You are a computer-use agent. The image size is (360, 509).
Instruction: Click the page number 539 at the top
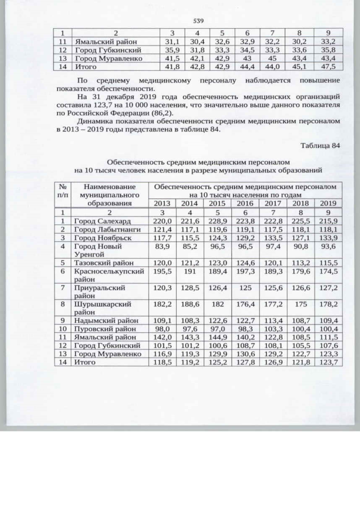coord(198,21)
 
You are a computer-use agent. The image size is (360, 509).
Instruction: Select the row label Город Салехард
coord(102,222)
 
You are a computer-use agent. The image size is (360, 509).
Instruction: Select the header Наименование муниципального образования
coord(109,194)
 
